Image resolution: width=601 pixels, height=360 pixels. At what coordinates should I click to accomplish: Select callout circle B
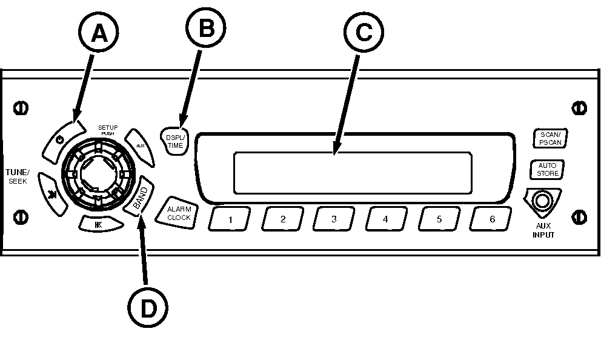(x=205, y=28)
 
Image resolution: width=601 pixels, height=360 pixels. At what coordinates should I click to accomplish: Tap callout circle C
(x=364, y=33)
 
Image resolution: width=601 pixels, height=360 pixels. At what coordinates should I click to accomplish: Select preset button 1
(x=231, y=219)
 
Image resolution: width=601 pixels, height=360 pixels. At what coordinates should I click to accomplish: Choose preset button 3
(x=334, y=219)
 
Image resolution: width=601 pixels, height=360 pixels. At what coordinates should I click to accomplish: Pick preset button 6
(x=491, y=219)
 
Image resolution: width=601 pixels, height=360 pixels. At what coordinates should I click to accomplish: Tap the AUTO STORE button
(x=547, y=169)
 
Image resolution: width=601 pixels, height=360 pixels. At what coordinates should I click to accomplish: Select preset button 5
(x=439, y=219)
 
